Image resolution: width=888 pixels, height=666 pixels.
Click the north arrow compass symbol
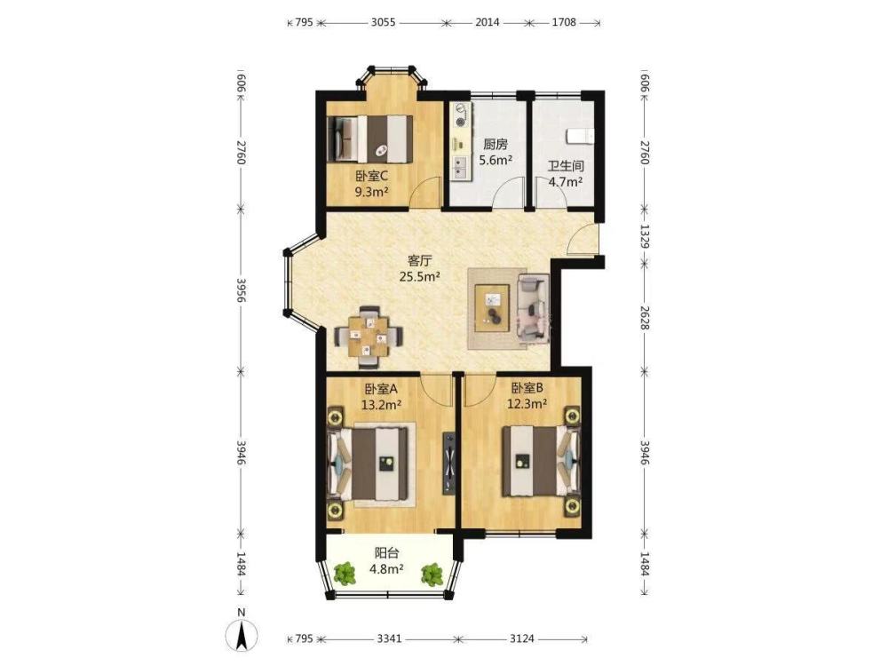[242, 635]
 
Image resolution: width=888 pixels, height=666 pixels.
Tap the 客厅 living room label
[420, 261]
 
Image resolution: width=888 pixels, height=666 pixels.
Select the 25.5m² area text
[420, 277]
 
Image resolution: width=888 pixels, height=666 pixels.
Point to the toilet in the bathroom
[580, 137]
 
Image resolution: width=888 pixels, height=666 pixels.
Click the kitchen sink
[459, 167]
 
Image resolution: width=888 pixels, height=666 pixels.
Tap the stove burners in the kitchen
[461, 115]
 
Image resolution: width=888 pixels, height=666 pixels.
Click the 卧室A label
[381, 389]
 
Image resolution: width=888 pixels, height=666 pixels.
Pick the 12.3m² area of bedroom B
[527, 404]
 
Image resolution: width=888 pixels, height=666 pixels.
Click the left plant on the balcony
[345, 573]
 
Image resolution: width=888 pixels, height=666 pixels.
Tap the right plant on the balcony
[432, 573]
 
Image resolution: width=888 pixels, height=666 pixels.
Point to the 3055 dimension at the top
[384, 23]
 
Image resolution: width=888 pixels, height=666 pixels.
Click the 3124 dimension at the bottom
[522, 638]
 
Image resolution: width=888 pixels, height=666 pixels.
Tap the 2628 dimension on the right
[645, 317]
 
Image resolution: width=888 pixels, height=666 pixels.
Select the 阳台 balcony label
[387, 552]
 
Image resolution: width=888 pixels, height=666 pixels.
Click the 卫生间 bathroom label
[565, 167]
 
